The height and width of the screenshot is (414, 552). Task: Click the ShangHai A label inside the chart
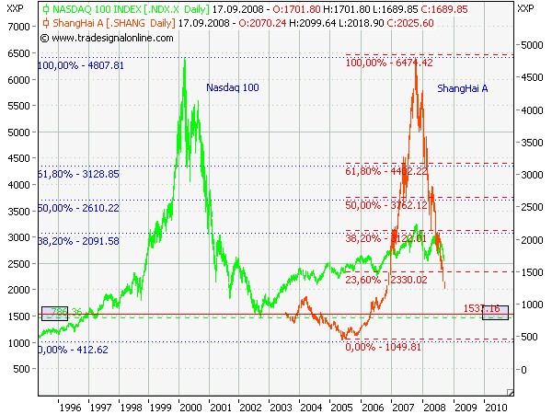click(463, 88)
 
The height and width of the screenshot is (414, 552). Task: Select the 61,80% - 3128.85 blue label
click(78, 173)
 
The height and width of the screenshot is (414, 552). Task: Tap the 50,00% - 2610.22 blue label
click(78, 208)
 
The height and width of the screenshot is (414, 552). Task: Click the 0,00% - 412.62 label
click(73, 350)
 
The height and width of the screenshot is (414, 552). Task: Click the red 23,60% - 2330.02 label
click(386, 280)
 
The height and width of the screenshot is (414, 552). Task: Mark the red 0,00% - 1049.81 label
click(383, 347)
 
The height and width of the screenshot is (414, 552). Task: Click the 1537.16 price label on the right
click(482, 308)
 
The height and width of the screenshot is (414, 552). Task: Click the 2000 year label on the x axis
click(190, 405)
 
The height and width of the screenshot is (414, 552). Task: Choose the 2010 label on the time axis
click(496, 405)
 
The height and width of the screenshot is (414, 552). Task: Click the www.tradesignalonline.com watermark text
click(111, 38)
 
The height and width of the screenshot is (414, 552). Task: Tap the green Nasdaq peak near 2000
click(185, 60)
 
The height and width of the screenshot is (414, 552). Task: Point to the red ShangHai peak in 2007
click(416, 64)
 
